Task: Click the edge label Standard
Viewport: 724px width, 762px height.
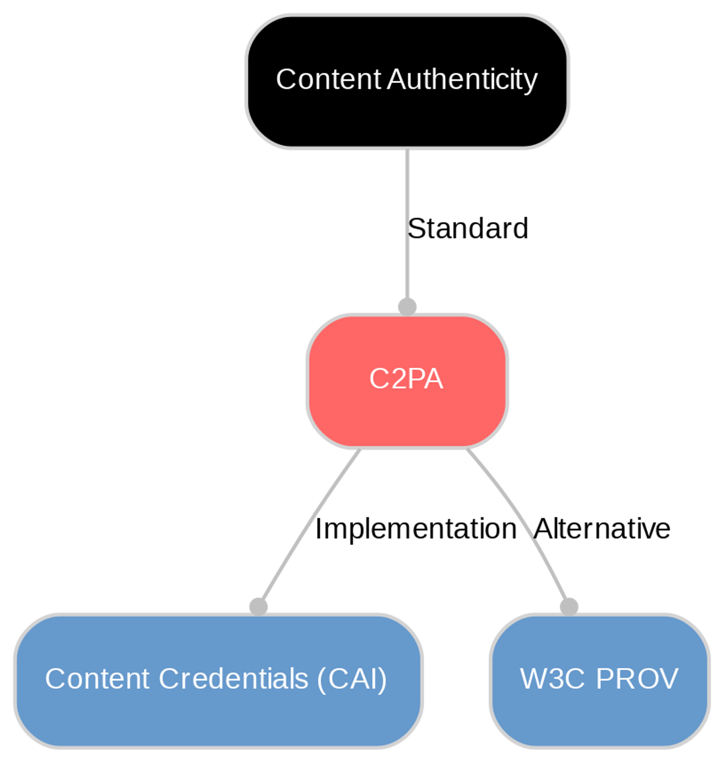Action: pyautogui.click(x=467, y=229)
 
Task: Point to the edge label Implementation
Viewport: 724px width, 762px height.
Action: pyautogui.click(x=416, y=529)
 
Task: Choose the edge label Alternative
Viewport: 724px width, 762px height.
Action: pyautogui.click(x=602, y=529)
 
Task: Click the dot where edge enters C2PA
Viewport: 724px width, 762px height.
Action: pyautogui.click(x=407, y=307)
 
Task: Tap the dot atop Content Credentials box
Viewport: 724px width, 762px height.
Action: pyautogui.click(x=258, y=607)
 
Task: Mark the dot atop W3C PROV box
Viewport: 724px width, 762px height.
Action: pyautogui.click(x=569, y=607)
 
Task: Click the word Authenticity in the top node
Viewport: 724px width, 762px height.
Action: pyautogui.click(x=462, y=80)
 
